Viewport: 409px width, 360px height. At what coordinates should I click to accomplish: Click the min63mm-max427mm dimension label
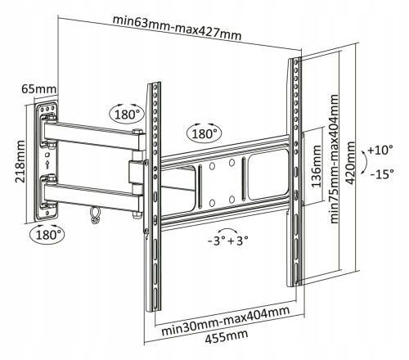178,28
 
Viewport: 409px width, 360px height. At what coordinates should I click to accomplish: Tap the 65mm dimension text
38,89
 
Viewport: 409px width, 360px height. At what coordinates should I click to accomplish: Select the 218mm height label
20,161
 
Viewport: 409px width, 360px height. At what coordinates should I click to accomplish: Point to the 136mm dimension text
317,166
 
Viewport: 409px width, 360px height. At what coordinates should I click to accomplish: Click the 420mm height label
350,163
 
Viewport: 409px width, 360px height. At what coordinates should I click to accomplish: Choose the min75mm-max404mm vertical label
334,160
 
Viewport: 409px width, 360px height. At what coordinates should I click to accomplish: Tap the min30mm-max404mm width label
226,322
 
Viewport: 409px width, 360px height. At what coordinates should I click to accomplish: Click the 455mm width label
227,337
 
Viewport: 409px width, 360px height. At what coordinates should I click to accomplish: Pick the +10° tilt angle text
380,150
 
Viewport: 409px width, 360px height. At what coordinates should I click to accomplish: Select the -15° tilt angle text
382,173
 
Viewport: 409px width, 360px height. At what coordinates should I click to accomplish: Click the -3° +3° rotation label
228,241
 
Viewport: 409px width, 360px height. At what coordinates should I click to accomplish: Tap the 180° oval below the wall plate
47,235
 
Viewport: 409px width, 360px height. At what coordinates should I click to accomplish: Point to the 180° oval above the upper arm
127,114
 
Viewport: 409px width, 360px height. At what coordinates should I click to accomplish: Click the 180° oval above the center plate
204,133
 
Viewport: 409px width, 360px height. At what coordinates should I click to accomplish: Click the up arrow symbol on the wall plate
47,164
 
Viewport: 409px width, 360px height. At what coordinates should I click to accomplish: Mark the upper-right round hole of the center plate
231,163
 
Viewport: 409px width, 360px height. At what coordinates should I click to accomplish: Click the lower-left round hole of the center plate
212,203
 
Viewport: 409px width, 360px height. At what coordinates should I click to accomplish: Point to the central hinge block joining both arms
137,173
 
